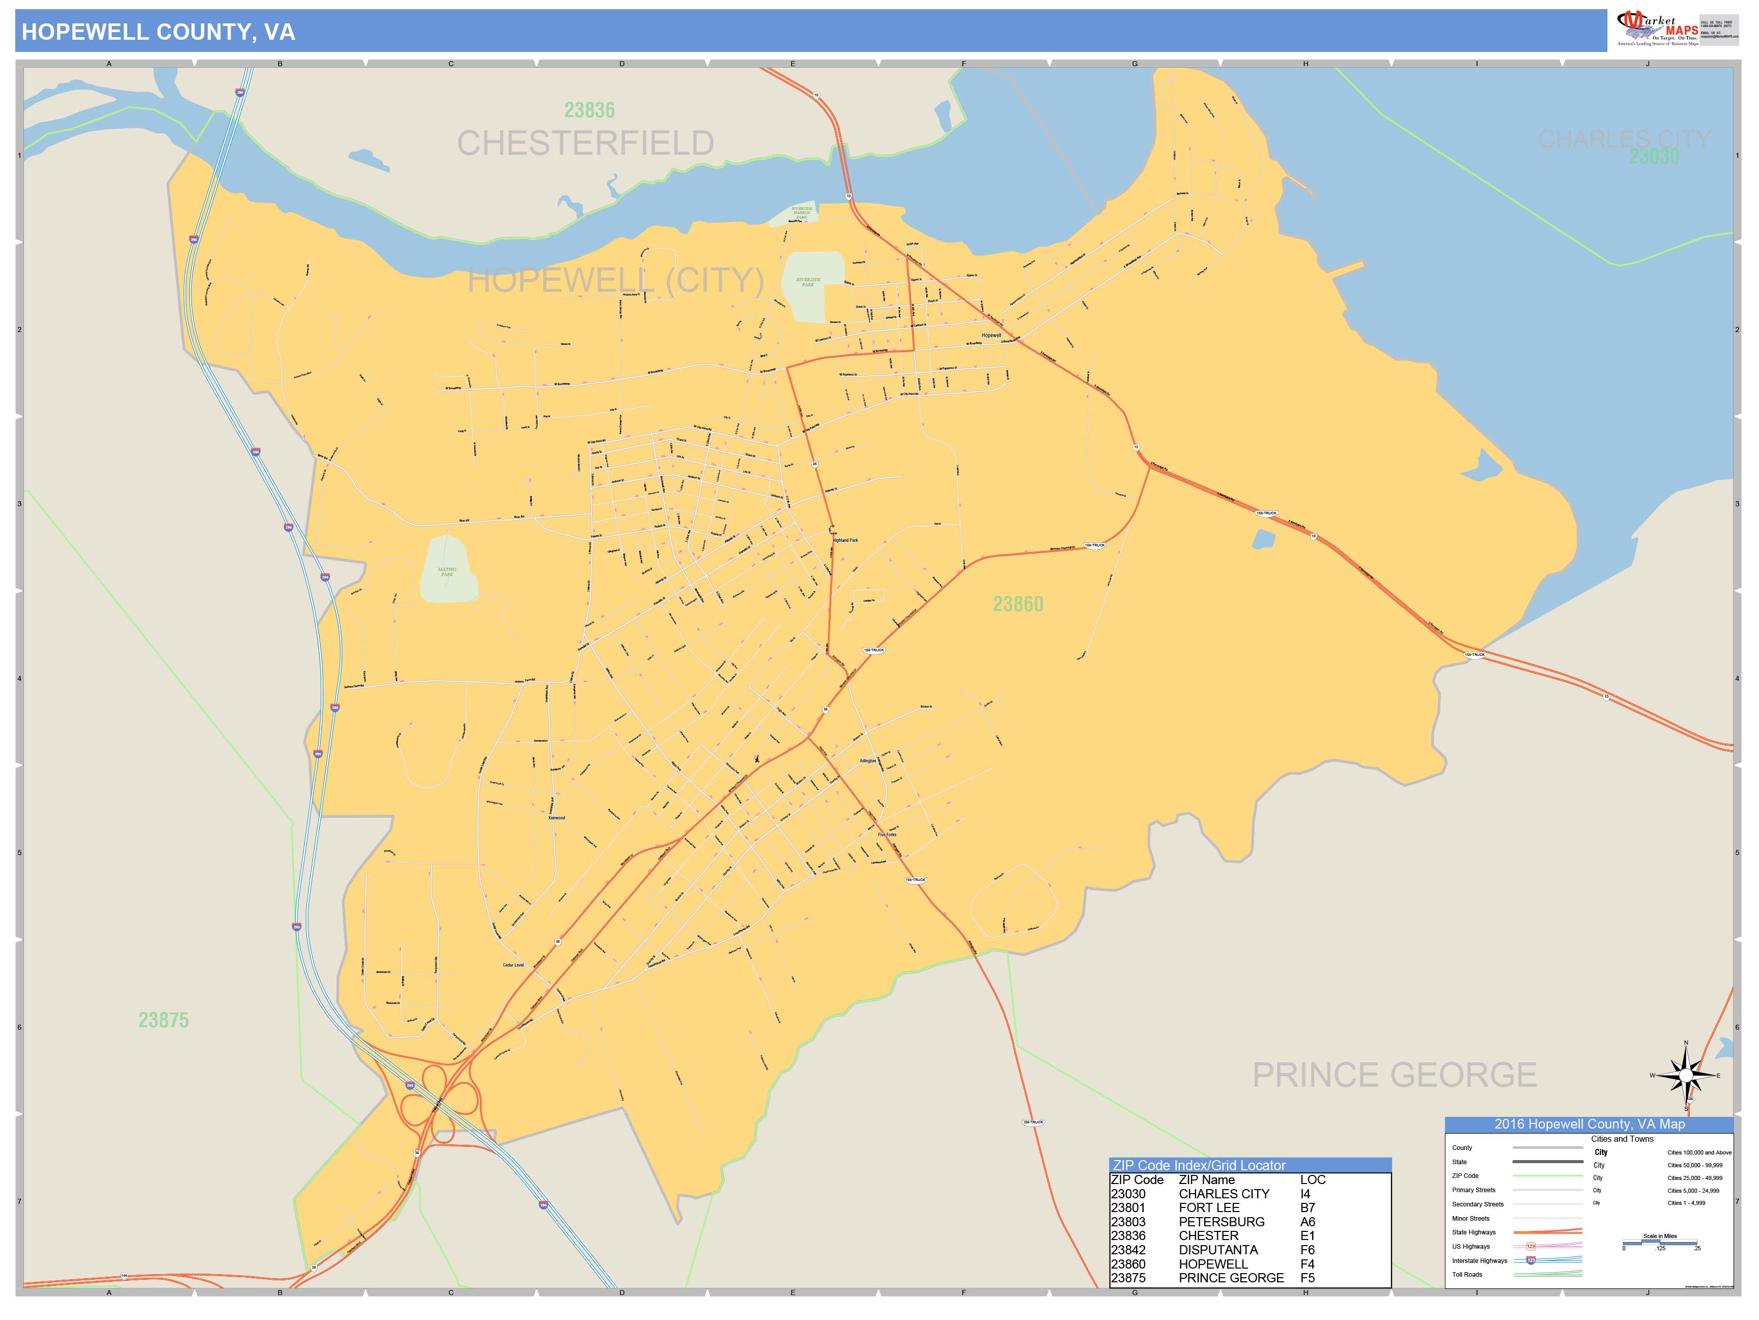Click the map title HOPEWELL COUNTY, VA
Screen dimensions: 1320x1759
point(158,32)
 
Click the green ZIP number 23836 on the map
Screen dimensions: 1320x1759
point(589,110)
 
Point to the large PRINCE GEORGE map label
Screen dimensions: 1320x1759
point(1394,1075)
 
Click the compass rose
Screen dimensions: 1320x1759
point(1685,1076)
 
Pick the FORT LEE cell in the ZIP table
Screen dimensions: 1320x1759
point(1209,1208)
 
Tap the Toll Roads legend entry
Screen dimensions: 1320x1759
point(1467,1275)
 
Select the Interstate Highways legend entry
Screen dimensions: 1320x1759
point(1479,1260)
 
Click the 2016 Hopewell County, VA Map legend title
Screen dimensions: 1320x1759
point(1589,1124)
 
